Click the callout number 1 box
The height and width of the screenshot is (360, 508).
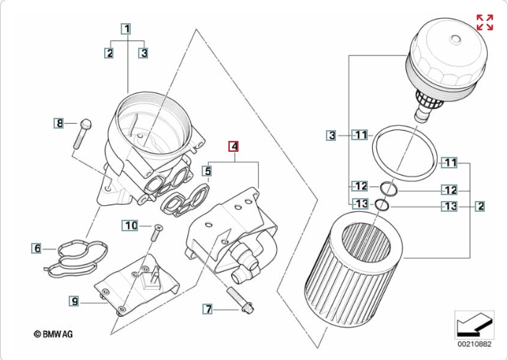coord(126,29)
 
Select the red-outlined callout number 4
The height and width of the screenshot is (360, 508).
coord(233,147)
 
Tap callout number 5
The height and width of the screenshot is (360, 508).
coord(207,171)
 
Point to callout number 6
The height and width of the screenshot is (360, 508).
coord(37,248)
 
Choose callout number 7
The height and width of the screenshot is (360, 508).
coord(207,309)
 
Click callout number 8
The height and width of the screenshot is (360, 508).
coord(59,123)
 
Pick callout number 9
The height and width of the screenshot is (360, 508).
coord(74,301)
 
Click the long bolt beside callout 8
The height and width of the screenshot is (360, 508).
coord(83,134)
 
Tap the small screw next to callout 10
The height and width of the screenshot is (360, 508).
coord(156,233)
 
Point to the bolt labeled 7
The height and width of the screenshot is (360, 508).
coord(241,301)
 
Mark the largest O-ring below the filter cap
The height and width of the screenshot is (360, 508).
coord(405,153)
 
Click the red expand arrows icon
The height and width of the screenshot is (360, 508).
coord(485,22)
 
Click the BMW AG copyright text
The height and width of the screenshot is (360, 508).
coord(53,334)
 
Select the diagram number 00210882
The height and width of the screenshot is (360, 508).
coord(474,344)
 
